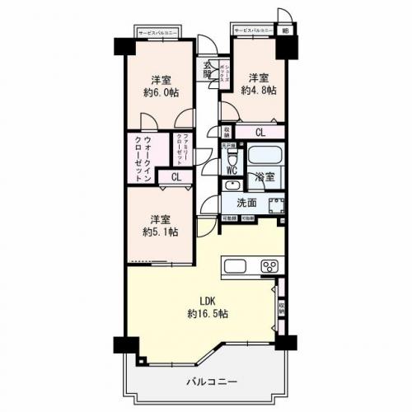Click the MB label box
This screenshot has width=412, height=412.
coord(286,30)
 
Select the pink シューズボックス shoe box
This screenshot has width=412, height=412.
coord(222,73)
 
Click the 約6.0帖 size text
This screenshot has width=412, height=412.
coord(161,93)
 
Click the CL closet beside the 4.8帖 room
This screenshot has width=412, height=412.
coord(260,132)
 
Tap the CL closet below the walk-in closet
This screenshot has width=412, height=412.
coord(176,176)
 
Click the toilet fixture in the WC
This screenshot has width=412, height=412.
coord(232,156)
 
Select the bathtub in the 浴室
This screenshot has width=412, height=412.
coord(265,154)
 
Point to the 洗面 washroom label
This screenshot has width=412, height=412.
coord(246,203)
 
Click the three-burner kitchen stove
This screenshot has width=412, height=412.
coord(269,265)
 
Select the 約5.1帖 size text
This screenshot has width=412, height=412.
coord(161,233)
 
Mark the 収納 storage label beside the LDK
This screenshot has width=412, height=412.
coord(282,308)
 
